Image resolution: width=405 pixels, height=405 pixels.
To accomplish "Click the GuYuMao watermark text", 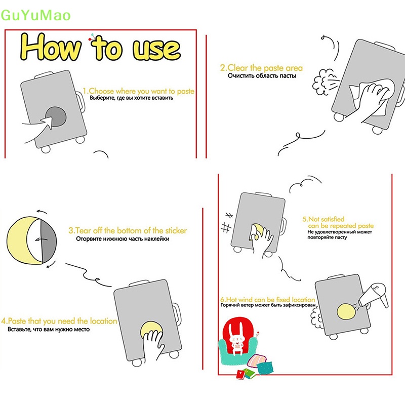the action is point(35,15).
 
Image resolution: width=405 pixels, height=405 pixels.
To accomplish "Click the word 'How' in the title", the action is point(50,47).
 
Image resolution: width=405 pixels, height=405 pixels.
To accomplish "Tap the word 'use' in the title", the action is point(156,50).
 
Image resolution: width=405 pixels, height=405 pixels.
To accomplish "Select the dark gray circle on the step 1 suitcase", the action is point(56,116).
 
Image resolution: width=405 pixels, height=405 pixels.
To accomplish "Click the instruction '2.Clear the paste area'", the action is point(261,68).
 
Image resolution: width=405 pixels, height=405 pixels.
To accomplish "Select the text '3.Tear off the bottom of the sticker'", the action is point(128,230).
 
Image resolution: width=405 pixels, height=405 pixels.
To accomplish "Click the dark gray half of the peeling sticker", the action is point(48,241).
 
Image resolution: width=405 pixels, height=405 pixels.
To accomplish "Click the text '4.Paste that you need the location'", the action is point(59,321).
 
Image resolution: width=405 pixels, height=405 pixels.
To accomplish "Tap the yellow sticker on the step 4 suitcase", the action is point(151,330).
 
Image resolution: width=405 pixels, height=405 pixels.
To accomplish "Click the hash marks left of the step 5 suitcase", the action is point(227,223).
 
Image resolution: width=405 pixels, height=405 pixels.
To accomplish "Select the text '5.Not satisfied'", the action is point(323,219).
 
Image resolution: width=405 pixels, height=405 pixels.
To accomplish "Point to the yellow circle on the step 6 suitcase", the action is point(347,312).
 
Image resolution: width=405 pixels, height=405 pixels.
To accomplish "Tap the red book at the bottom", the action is point(241,374).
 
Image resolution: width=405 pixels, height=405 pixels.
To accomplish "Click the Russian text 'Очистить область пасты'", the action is point(262,75).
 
